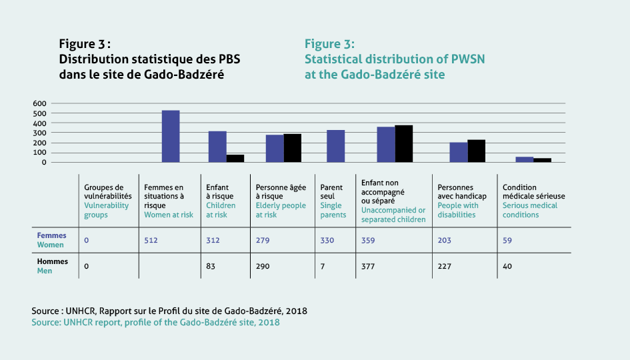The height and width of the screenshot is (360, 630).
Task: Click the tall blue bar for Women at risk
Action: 171,136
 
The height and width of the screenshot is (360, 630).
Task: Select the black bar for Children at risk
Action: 235,158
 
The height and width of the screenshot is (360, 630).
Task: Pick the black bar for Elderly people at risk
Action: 293,148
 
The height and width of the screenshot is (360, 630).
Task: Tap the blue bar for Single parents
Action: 335,146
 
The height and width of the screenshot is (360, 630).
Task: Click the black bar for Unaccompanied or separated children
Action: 404,144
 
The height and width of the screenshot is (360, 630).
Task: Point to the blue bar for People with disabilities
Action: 459,152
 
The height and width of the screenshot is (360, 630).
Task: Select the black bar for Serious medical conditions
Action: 543,160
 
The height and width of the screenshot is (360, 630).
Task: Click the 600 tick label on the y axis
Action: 39,103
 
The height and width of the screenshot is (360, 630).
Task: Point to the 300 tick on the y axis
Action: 39,133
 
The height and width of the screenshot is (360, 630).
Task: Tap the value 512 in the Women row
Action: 151,240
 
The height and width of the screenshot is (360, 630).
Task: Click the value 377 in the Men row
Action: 368,266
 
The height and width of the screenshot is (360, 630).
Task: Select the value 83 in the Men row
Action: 211,266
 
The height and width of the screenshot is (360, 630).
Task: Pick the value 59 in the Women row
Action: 507,240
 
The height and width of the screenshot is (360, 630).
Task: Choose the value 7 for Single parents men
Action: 322,266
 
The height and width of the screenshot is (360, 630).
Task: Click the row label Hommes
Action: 53,261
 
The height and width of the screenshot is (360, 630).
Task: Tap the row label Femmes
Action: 51,235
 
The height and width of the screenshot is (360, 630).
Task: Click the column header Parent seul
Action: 331,191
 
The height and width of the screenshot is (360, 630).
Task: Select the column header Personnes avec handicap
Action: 462,191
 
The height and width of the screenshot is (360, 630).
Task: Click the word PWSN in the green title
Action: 468,59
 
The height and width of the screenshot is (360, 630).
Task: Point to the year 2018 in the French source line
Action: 297,311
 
